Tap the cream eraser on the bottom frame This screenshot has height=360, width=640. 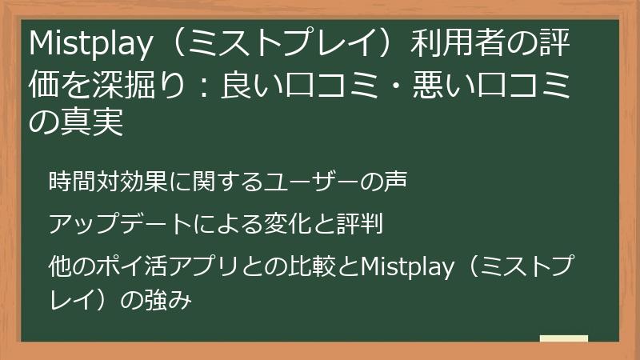(564, 339)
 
